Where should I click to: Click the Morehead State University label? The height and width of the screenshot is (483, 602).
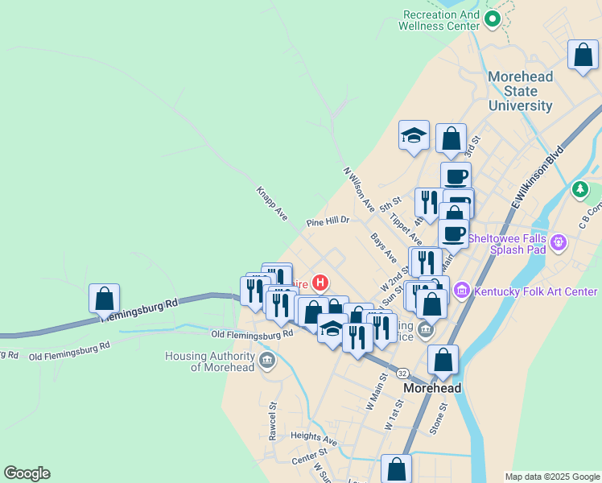click(x=521, y=91)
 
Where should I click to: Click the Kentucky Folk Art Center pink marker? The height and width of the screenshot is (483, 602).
click(x=461, y=289)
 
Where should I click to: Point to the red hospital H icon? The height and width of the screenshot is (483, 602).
click(x=320, y=283)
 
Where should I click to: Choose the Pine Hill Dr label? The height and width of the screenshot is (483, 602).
click(x=328, y=221)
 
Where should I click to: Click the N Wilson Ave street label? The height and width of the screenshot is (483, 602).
click(x=359, y=190)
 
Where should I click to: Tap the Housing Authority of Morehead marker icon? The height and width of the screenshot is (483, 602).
click(x=268, y=361)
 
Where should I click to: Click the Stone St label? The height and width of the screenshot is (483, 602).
click(x=438, y=419)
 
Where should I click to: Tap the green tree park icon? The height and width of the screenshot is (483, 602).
click(x=579, y=190)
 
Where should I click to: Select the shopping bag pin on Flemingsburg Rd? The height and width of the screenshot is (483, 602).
click(x=105, y=299)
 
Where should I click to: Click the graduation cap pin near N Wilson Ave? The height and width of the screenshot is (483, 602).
click(x=414, y=135)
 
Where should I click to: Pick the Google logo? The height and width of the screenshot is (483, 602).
click(x=27, y=473)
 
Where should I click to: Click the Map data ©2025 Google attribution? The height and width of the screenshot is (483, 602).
click(x=552, y=477)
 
